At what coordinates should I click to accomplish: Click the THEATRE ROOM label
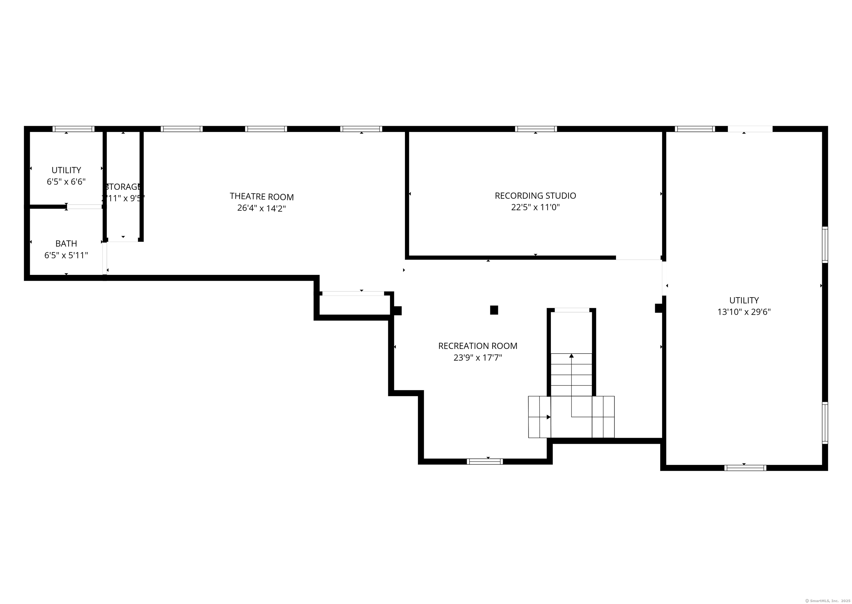(262, 196)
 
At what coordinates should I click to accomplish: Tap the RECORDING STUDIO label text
(535, 196)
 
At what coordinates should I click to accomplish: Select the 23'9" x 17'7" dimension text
(478, 358)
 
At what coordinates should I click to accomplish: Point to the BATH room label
(66, 244)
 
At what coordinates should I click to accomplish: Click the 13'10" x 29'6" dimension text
(744, 312)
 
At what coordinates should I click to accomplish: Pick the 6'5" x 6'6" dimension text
(66, 182)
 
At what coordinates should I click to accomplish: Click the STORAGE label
(123, 187)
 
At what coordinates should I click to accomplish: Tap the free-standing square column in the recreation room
(494, 310)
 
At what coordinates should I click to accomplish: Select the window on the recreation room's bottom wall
(485, 462)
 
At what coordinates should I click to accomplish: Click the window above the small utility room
(73, 129)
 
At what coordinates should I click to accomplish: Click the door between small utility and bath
(84, 207)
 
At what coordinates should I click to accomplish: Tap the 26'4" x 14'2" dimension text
(262, 208)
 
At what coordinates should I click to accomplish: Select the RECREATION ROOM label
(478, 346)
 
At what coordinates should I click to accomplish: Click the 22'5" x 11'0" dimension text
(535, 207)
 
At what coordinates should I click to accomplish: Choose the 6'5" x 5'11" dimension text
(66, 255)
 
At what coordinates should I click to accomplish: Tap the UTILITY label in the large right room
(744, 300)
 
